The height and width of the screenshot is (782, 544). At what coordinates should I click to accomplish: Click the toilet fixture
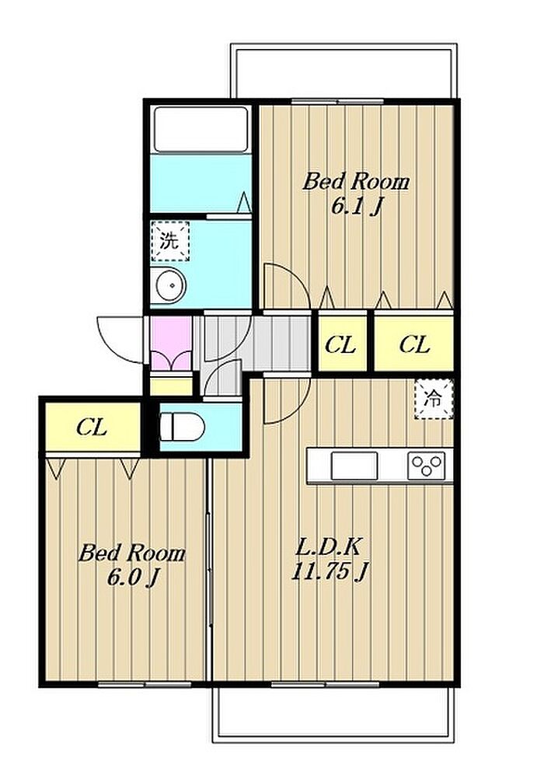[x=182, y=427]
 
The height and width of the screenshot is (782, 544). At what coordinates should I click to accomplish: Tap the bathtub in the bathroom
[x=201, y=129]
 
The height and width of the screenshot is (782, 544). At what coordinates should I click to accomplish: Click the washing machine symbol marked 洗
[x=170, y=241]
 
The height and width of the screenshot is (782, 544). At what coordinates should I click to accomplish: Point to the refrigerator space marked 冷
[x=434, y=399]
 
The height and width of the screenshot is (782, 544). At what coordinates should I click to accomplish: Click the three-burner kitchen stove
[x=427, y=466]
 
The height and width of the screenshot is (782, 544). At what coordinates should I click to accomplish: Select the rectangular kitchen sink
[x=354, y=466]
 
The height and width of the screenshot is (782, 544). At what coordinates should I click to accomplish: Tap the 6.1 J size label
[x=357, y=205]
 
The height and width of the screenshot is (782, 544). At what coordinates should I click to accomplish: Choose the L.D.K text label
[x=328, y=547]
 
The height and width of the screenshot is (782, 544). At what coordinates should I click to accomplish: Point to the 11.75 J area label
[x=330, y=571]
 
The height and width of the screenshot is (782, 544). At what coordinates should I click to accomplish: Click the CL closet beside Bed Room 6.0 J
[x=92, y=427]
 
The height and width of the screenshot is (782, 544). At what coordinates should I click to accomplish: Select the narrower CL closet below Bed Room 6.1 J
[x=342, y=344]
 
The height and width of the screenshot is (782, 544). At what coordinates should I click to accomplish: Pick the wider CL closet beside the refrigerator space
[x=413, y=344]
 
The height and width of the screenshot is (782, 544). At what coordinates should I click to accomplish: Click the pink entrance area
[x=172, y=344]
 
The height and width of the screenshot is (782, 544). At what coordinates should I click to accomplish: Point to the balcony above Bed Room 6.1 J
[x=343, y=71]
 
